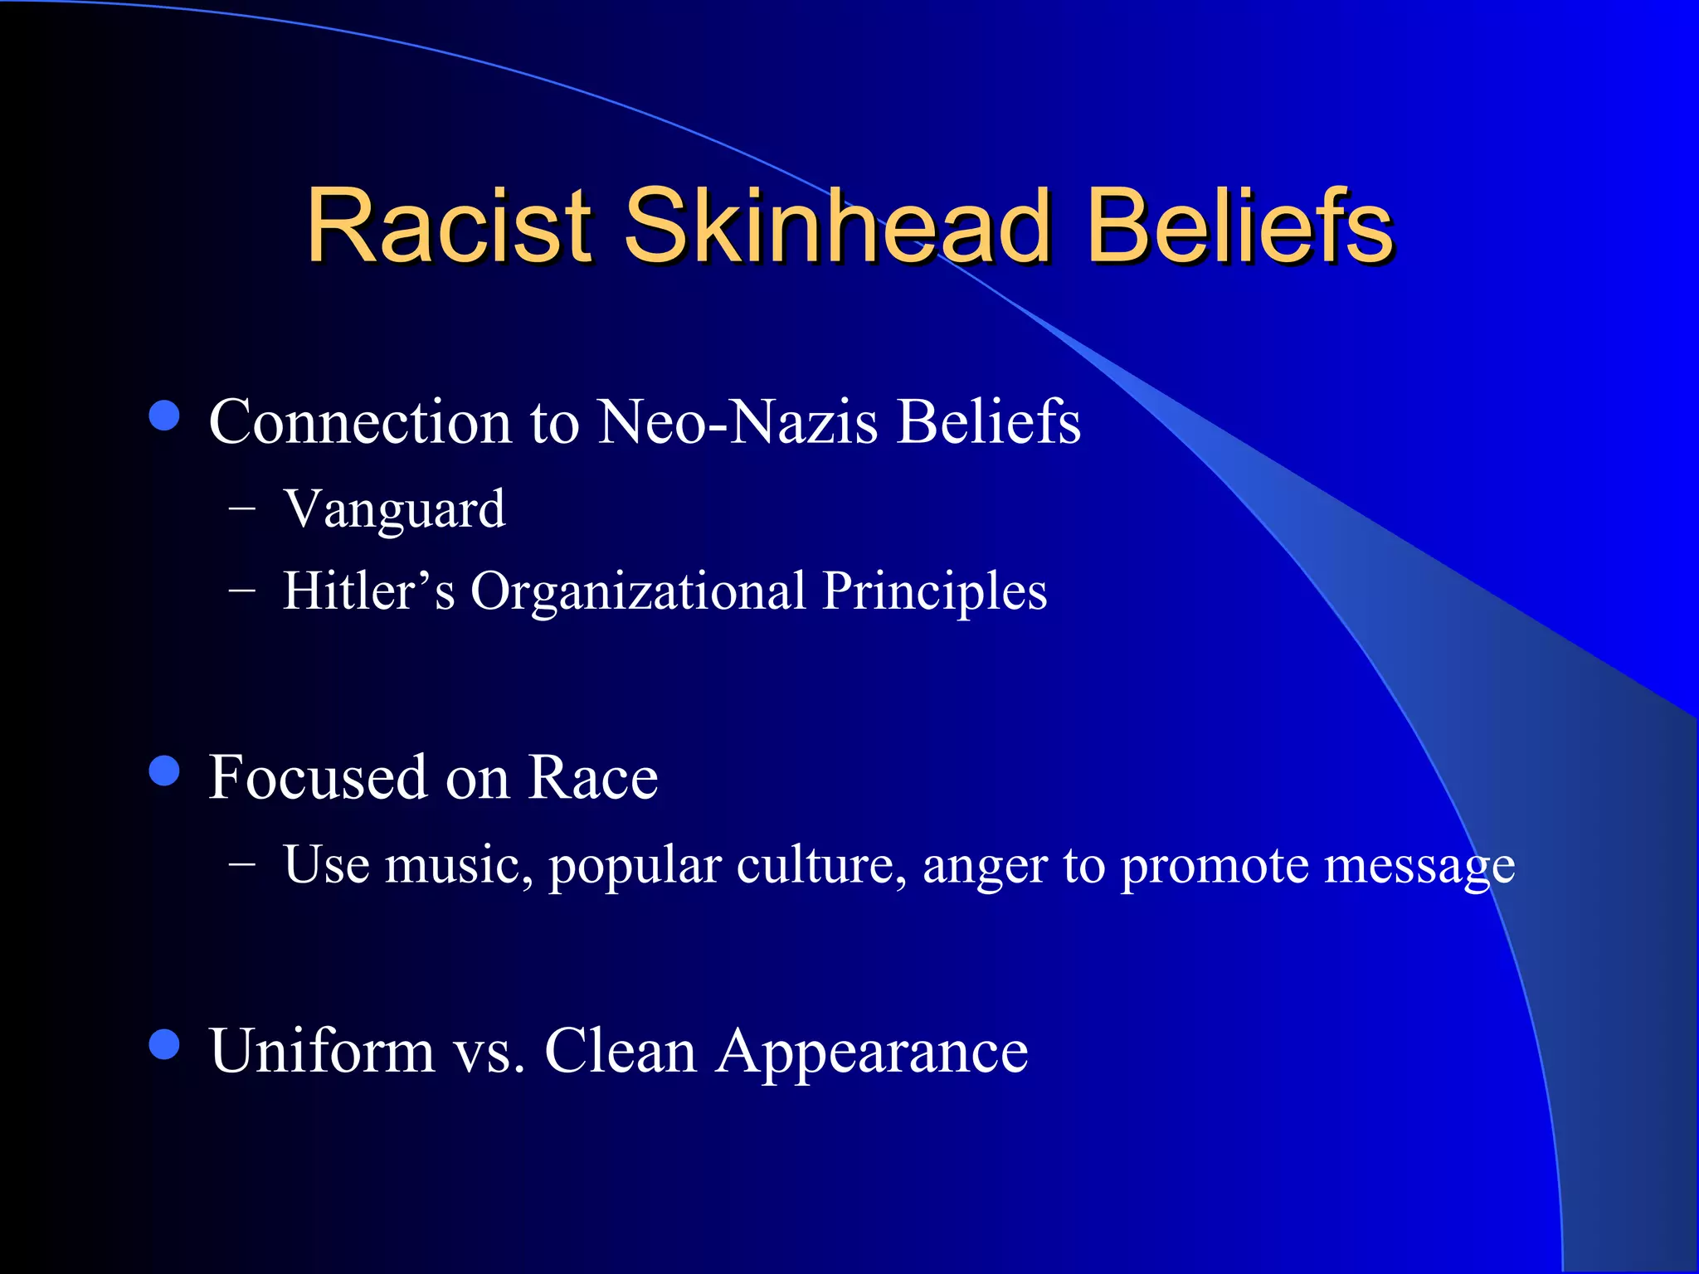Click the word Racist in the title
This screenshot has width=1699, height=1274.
(449, 226)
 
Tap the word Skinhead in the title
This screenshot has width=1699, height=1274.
(837, 226)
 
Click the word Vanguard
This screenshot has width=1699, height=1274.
(394, 509)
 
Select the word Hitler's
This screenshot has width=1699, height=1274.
(368, 591)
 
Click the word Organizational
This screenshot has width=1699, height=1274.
(638, 591)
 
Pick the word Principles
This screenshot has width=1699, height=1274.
(934, 592)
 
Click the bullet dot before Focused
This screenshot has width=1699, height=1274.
(164, 771)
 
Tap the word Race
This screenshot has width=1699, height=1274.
(592, 777)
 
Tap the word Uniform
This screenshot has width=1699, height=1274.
(322, 1051)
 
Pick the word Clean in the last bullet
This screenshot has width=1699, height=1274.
(620, 1051)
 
